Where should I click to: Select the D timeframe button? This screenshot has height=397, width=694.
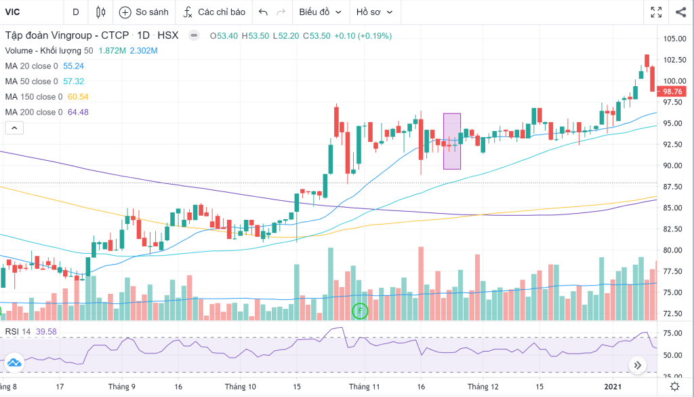point(75,12)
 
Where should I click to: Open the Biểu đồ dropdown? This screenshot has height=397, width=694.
point(320,12)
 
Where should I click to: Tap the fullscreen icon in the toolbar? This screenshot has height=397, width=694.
point(656,12)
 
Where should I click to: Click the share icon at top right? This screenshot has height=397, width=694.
point(680,12)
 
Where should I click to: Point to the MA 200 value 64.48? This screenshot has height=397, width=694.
point(78,112)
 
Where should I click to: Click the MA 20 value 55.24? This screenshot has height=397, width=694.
point(73,66)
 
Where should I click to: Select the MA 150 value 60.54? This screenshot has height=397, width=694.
point(78,96)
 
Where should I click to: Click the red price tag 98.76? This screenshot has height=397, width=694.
point(672,92)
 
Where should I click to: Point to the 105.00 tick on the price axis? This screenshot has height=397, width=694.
point(675,39)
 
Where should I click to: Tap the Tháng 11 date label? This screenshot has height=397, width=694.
point(365,386)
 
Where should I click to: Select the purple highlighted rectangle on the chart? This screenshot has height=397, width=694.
point(452,141)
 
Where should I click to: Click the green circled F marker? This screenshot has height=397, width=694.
point(361,311)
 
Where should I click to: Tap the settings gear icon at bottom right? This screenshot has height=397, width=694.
point(674,386)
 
